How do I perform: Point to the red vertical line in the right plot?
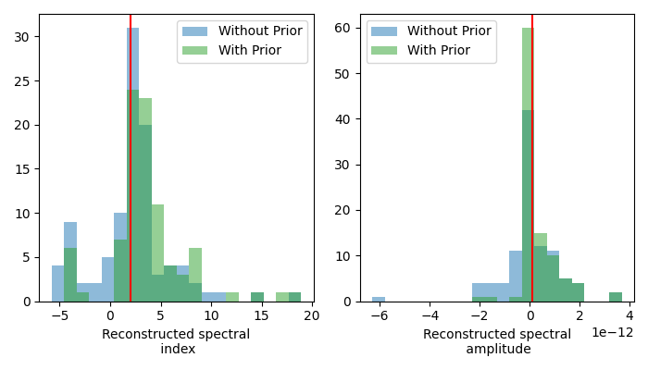pos(532,185)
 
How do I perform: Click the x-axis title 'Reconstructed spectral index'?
pos(176,341)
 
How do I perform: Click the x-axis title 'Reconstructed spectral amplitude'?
pos(497,341)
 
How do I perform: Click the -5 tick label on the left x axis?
pos(57,315)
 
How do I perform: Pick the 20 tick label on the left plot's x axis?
pos(311,315)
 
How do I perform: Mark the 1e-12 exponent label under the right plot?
pos(612,332)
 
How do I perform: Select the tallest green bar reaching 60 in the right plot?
pos(528,92)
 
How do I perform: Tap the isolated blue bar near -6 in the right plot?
pos(378,299)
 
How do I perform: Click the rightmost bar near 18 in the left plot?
pos(294,297)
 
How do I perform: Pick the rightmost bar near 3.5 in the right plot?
pos(616,297)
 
